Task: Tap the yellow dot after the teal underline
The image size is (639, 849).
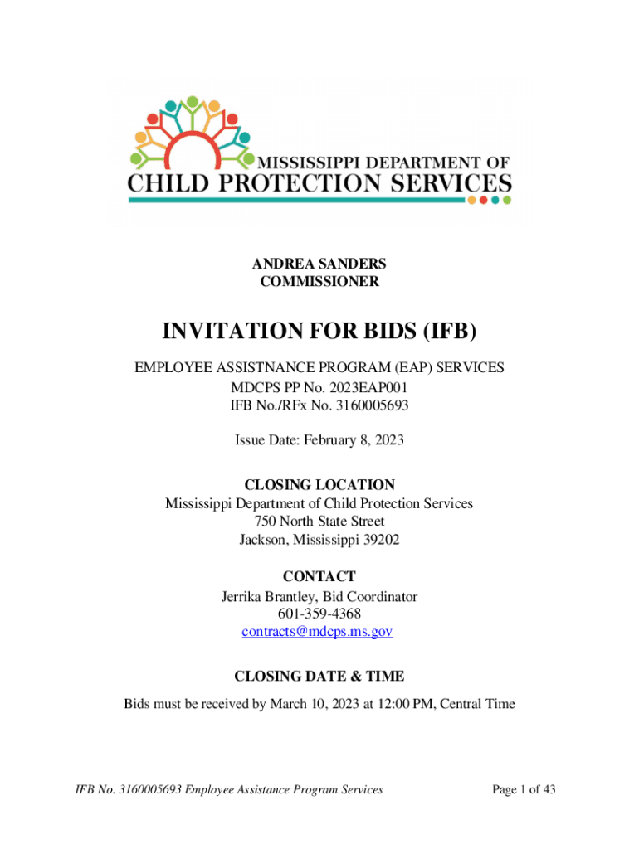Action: [471, 200]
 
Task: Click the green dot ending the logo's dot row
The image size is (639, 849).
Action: [507, 200]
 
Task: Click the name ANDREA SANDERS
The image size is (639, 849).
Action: [319, 264]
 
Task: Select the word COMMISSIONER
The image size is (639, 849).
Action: [319, 282]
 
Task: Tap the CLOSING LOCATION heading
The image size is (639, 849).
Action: [319, 485]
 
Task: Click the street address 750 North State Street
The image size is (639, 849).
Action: [319, 522]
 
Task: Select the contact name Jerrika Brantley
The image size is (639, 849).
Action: [266, 596]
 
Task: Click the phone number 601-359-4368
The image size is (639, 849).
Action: [319, 614]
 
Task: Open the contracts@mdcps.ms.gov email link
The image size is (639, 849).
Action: [317, 632]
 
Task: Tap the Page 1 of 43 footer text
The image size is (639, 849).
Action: [524, 790]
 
